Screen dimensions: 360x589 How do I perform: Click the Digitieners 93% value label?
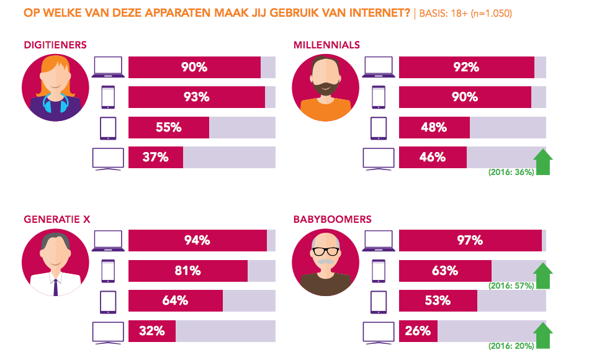pos(196,97)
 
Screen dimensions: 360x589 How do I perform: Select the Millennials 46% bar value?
pos(432,157)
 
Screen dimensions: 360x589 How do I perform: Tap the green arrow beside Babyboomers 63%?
pos(543,275)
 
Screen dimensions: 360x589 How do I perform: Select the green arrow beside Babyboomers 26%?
pos(543,335)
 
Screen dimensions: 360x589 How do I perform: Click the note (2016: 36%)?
pos(511,172)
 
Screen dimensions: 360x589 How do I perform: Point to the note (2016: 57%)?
pos(511,286)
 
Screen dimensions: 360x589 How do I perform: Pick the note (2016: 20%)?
pos(511,346)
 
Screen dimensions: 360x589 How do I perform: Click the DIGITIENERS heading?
pos(55,45)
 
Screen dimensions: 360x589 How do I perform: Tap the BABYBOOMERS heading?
pos(333,219)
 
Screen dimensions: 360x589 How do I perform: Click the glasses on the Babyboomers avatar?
pos(325,251)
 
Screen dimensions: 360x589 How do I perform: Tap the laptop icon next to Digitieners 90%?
pos(107,67)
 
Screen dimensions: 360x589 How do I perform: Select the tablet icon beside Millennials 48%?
pos(378,128)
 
